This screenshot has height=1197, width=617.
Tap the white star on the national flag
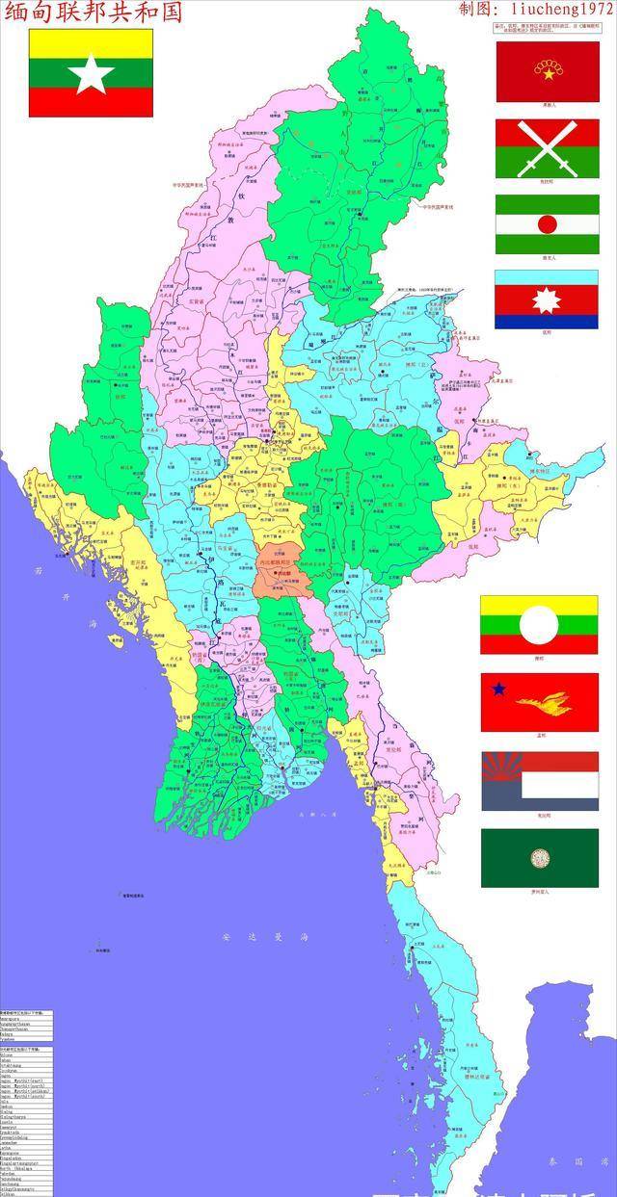[91, 73]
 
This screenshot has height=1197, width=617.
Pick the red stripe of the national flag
[91, 102]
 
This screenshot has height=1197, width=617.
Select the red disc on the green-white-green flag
[547, 224]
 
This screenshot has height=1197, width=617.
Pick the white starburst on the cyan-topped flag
[547, 299]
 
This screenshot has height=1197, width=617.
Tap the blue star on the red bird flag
[498, 689]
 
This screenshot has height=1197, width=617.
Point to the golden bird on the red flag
[544, 704]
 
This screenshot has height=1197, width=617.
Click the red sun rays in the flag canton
[500, 767]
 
